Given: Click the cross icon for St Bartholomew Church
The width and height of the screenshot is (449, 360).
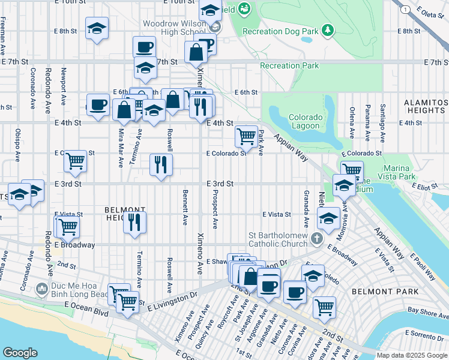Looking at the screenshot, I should [317, 239].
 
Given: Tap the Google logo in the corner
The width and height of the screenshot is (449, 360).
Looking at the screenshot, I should [20, 352].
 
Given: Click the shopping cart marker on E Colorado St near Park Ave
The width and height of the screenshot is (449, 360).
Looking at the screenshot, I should [246, 136].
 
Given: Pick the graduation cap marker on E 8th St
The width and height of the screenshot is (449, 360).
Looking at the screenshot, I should [96, 29].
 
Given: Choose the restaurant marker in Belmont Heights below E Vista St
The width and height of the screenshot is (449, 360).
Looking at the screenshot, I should [134, 221].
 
